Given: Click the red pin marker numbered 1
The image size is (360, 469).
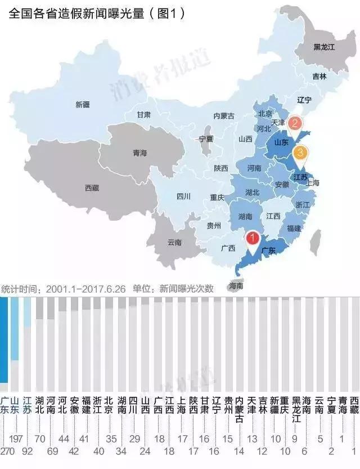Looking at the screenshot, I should tap(253, 239).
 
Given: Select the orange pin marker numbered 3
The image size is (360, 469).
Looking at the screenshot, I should tap(300, 152).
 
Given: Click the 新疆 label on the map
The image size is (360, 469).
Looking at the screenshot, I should tap(83, 104).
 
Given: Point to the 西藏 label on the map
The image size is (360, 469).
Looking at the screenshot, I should tap(92, 187).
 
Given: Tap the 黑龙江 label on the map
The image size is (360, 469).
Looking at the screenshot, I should tap(324, 47).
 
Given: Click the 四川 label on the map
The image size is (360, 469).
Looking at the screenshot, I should tap(183, 196).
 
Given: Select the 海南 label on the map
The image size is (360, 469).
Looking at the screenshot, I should tap(236, 285).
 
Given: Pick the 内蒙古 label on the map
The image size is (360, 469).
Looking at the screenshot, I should tap(224, 116).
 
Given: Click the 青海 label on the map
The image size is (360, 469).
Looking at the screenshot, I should tap(139, 153).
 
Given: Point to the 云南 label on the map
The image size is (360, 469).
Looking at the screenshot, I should tap(175, 243).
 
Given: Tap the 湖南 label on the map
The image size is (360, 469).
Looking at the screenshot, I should tap(245, 216).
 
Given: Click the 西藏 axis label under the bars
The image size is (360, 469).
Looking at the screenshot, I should tap(354, 405).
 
